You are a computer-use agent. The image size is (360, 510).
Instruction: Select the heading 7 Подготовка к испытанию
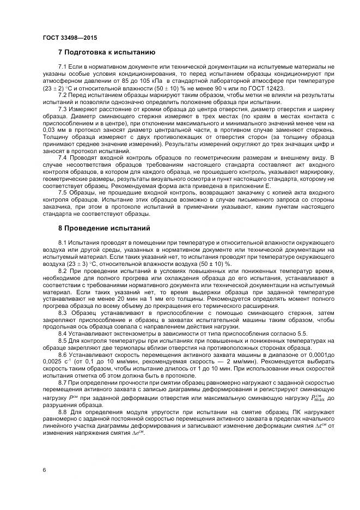(x=107, y=52)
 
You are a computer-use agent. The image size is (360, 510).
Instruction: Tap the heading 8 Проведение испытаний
(x=104, y=228)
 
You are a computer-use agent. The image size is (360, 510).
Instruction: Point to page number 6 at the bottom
(x=44, y=468)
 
